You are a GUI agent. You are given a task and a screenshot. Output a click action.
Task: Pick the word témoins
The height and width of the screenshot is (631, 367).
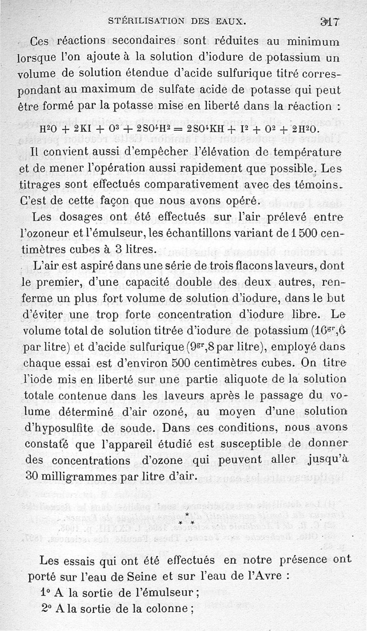tap(316, 184)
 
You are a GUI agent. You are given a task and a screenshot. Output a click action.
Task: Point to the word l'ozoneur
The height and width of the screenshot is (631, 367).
tap(42, 233)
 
